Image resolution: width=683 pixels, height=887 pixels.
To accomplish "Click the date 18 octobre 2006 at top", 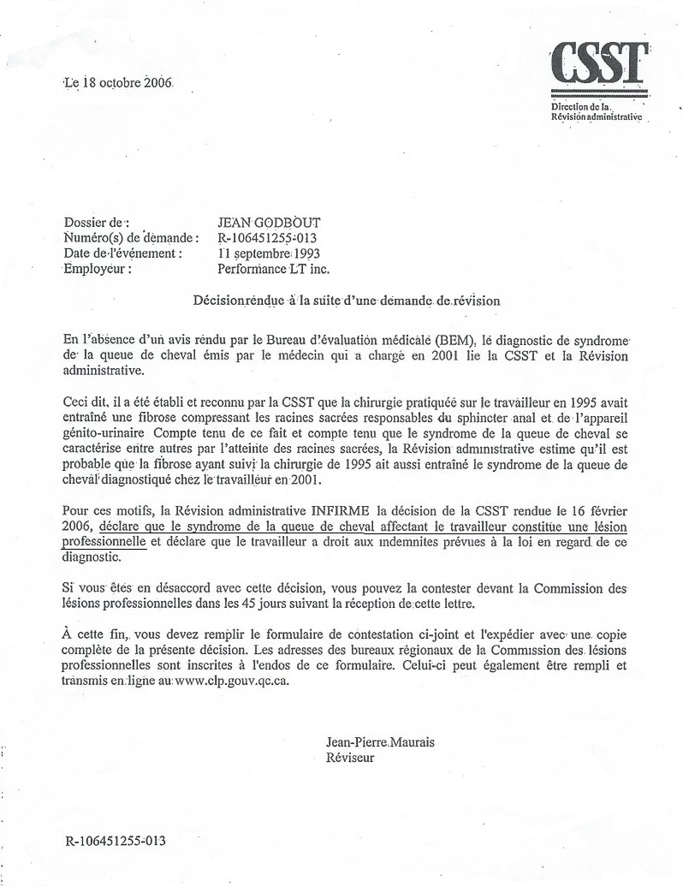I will tap(118, 83).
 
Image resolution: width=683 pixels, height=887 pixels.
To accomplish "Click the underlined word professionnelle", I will tap(104, 540).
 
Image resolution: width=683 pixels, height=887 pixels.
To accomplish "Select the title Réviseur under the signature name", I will tap(350, 758).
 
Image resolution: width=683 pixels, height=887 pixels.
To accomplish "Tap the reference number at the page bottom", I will tap(115, 840).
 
